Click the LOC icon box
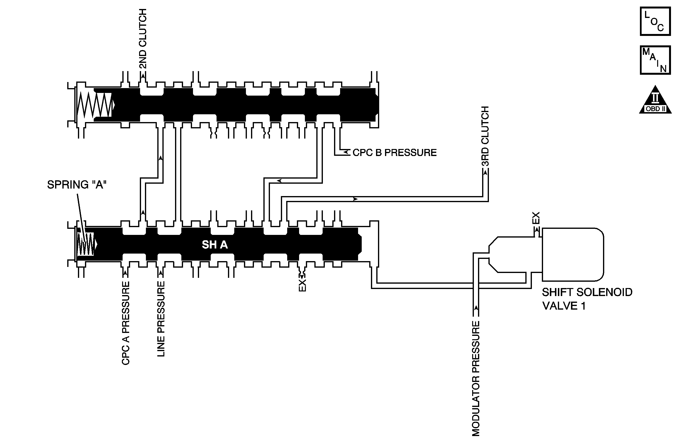[x=655, y=21]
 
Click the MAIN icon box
[x=655, y=60]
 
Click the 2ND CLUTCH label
[x=143, y=39]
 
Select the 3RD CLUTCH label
[x=485, y=136]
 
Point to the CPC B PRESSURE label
[x=394, y=153]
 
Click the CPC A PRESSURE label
[x=126, y=323]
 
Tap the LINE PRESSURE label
[x=161, y=319]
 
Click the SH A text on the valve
[x=215, y=245]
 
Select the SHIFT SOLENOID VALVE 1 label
[x=587, y=299]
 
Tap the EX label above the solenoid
[x=536, y=218]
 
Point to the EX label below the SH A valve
[x=302, y=285]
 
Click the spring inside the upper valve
[x=95, y=105]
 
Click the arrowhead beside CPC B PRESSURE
[x=346, y=152]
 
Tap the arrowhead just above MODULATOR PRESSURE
[x=476, y=307]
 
